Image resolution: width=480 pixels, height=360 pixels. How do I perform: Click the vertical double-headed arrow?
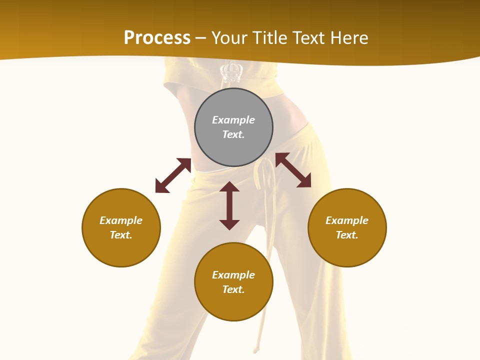coord(229,205)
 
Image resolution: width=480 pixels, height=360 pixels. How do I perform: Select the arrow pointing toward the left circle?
coord(173,175)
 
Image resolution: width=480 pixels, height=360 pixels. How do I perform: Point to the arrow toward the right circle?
coord(293,170)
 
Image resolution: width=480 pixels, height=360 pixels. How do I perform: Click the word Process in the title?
coord(157,38)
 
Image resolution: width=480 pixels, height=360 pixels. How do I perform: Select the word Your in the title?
coord(229,38)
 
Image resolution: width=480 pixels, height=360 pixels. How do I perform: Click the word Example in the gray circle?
coord(233,120)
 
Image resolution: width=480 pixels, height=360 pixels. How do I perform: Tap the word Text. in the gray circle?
coord(233,134)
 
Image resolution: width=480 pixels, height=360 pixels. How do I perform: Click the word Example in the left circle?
coord(121,220)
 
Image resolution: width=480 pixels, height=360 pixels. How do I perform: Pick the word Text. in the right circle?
coord(347,235)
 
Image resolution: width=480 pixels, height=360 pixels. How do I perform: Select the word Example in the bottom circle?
coord(233,275)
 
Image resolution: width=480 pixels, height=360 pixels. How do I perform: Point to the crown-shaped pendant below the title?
coord(231,72)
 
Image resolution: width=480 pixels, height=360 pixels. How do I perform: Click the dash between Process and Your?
coord(201,38)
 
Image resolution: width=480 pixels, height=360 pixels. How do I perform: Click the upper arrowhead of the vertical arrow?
coord(229,186)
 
